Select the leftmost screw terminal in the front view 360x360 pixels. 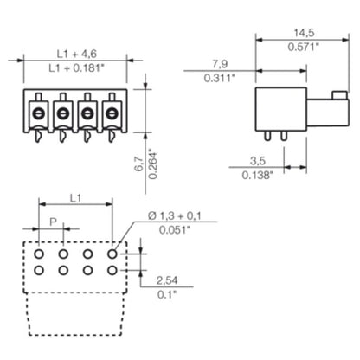(39, 113)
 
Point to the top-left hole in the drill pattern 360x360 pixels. (39, 254)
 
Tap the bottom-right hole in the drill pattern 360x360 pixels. (112, 270)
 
